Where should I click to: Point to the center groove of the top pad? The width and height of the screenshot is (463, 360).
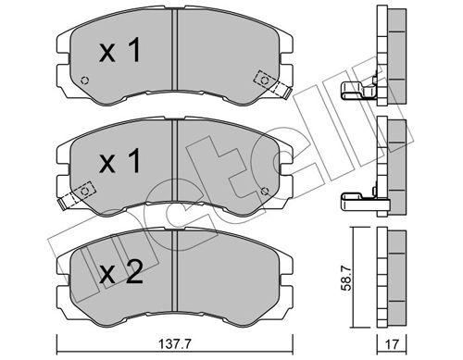(x=176, y=60)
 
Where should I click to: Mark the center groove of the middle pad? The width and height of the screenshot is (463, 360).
(x=176, y=167)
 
